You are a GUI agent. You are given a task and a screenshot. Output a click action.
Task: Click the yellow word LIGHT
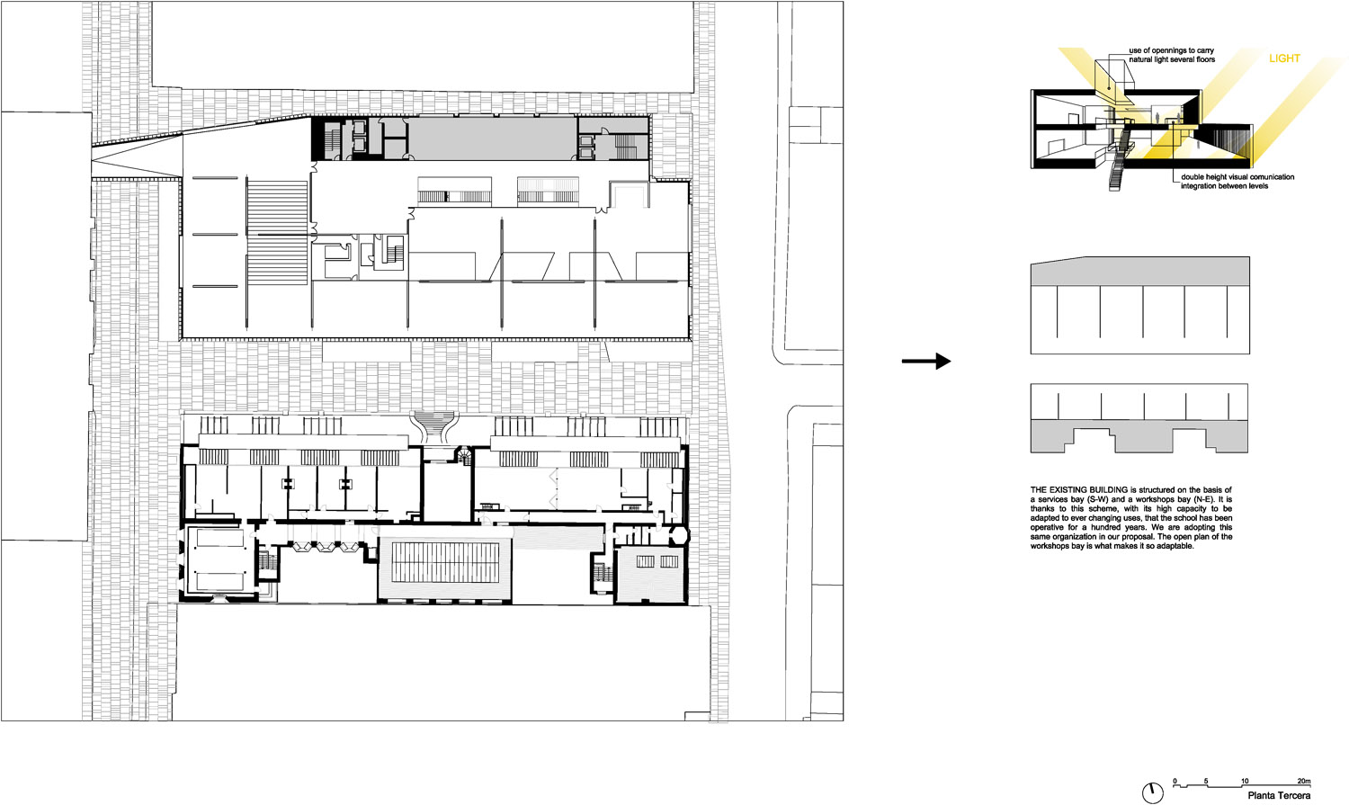(x=1284, y=58)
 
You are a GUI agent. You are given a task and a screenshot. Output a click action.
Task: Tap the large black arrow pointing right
(x=926, y=362)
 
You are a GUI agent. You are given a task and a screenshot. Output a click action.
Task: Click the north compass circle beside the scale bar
(x=1153, y=793)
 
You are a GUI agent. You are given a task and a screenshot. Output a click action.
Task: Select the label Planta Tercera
(x=1279, y=796)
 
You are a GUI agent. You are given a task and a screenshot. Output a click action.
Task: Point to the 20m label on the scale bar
(x=1304, y=782)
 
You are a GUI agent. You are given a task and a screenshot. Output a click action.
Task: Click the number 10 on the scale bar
(x=1245, y=782)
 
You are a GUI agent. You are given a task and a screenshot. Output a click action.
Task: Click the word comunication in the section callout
(x=1270, y=177)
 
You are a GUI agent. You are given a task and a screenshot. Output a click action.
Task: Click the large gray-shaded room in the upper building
(x=491, y=139)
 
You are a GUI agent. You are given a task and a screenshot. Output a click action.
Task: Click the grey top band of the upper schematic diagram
(x=1140, y=272)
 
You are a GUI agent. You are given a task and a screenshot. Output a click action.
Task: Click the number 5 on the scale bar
(x=1206, y=782)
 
